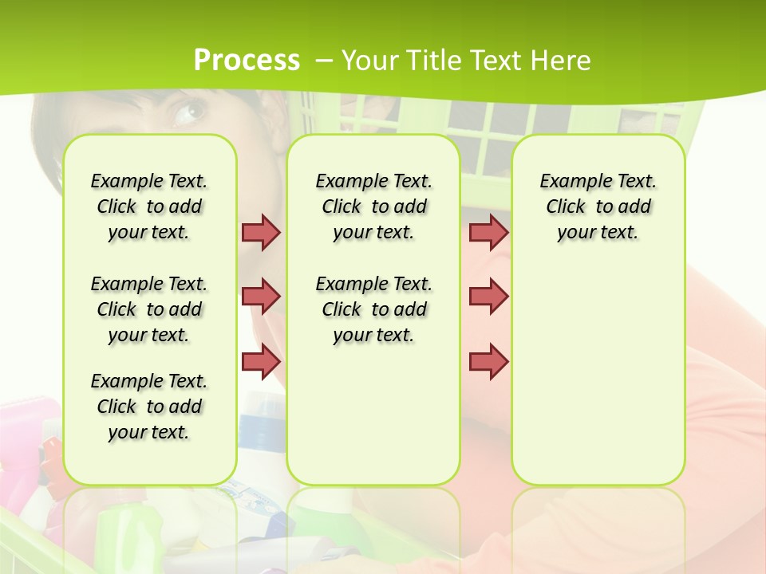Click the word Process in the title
[247, 61]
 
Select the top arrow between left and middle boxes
[261, 232]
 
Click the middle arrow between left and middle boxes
[261, 297]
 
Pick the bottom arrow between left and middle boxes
[261, 361]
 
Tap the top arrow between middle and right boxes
[488, 232]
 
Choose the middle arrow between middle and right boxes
[488, 297]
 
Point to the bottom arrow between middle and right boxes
[488, 361]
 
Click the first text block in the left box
[149, 206]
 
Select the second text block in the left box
[149, 309]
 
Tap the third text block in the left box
[149, 407]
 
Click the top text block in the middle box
[373, 206]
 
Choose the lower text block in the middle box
[373, 309]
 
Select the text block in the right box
[598, 206]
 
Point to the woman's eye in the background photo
[188, 112]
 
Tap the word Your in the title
[371, 61]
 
